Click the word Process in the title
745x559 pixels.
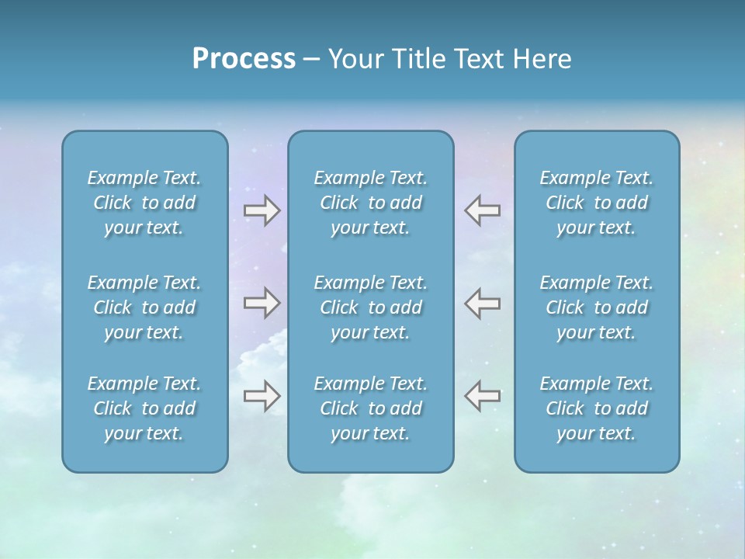click(244, 59)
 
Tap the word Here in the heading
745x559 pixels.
click(542, 59)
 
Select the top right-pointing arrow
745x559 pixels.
click(262, 210)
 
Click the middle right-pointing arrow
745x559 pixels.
click(262, 303)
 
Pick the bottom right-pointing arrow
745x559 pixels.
click(262, 396)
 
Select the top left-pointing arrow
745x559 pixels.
click(482, 210)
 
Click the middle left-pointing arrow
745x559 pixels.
click(482, 303)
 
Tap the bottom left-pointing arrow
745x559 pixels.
click(482, 396)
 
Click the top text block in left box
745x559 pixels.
click(144, 203)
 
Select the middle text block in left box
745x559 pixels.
click(144, 307)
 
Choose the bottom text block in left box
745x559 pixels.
click(144, 408)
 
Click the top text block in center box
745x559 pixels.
click(370, 203)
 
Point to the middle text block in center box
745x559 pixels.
click(370, 307)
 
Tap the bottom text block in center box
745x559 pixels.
click(370, 408)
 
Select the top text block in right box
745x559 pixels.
click(596, 203)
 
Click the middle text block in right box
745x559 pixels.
click(596, 307)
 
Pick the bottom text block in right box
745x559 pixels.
click(596, 408)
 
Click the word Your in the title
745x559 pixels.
click(352, 59)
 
